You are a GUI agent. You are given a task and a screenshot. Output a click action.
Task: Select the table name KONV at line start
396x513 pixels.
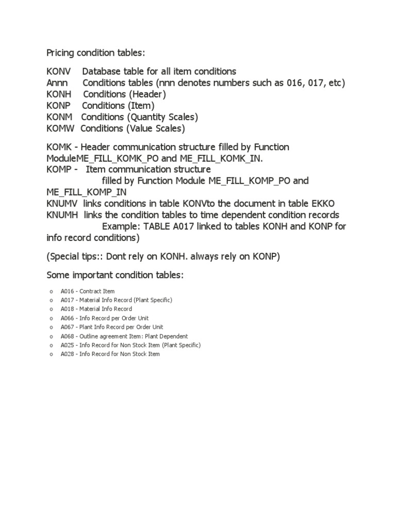coord(59,71)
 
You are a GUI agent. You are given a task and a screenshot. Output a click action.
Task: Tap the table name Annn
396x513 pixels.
coord(57,83)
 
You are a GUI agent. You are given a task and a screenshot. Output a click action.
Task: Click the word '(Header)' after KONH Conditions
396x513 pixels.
coord(147,94)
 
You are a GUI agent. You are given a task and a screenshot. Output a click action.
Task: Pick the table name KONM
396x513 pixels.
coord(59,117)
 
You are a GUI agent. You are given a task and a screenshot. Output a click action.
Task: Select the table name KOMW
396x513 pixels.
coord(60,128)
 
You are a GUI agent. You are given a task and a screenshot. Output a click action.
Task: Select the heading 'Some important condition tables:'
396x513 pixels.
coord(114,275)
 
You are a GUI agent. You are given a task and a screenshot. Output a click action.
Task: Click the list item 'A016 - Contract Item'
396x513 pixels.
coord(87,292)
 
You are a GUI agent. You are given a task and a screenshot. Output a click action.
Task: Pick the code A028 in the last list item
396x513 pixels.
coord(67,354)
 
